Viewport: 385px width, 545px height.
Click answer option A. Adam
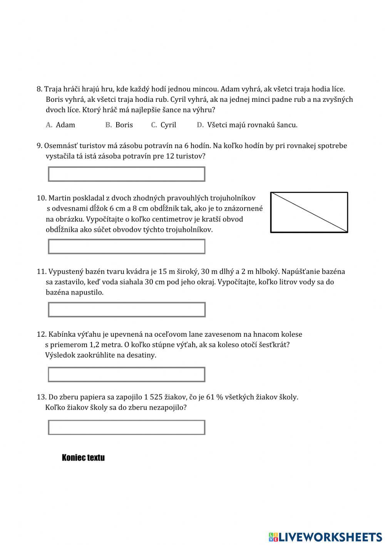[61, 125]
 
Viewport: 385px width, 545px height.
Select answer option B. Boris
[119, 125]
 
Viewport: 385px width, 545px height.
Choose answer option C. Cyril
[164, 125]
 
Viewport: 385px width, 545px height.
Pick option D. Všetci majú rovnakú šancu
[247, 125]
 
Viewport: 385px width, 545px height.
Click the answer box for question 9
[127, 174]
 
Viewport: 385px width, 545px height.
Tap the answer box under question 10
[127, 246]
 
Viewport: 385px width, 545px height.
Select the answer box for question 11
[127, 310]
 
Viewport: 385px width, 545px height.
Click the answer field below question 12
[127, 375]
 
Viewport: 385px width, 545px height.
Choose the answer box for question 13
[127, 427]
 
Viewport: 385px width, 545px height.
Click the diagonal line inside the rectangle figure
[309, 212]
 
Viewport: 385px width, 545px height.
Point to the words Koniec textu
[83, 458]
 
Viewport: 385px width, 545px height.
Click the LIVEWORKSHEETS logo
[325, 537]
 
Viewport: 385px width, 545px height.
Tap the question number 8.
[39, 89]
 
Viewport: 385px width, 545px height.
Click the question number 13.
[41, 397]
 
